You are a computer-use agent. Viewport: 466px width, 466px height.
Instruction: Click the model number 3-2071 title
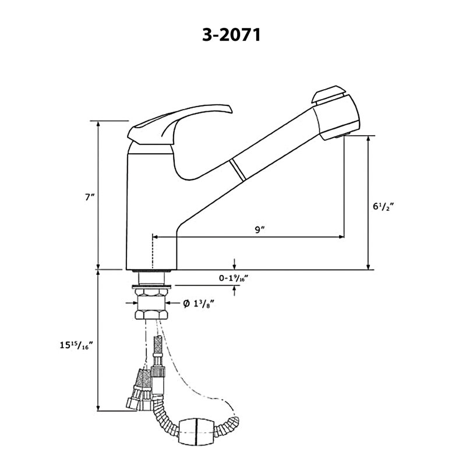pos(231,35)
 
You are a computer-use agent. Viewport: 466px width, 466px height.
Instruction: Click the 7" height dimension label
pos(89,197)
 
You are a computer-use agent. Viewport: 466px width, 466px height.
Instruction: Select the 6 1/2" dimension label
pos(383,206)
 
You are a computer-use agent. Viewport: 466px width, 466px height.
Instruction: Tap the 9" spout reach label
pos(260,230)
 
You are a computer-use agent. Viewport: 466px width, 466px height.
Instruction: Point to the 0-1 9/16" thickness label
pos(234,278)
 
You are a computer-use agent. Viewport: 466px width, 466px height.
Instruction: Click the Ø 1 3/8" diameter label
pos(199,303)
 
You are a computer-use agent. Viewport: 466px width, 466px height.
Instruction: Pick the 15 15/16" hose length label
pos(77,345)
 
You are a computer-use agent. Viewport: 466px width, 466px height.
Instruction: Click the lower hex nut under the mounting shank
pos(151,315)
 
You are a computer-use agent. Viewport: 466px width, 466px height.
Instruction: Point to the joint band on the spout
pos(238,170)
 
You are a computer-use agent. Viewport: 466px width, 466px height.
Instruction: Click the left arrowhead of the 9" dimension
pos(154,237)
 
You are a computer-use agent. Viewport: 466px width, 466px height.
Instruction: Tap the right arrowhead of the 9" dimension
pos(341,237)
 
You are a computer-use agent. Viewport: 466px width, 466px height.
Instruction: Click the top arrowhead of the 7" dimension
pos(98,123)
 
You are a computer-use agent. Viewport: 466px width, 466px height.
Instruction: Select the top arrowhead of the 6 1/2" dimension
pos(369,139)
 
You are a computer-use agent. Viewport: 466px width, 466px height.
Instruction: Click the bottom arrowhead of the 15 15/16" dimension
pos(98,408)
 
